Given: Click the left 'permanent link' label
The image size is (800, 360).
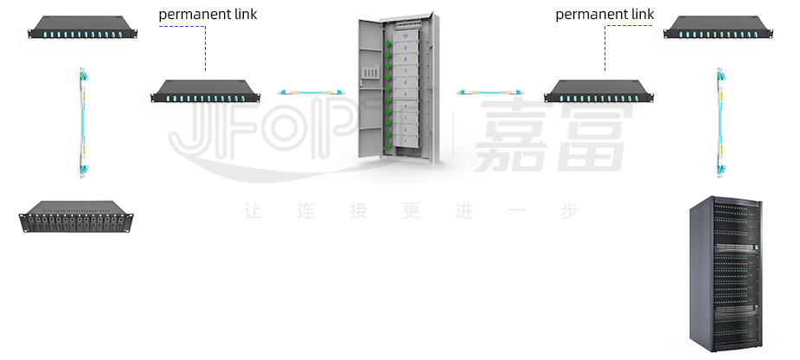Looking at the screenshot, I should tap(208, 15).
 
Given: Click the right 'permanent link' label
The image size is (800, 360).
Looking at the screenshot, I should tap(605, 15).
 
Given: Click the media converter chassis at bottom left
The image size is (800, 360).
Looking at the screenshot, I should tap(79, 217).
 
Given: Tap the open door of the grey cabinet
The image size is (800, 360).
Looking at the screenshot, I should tap(372, 91).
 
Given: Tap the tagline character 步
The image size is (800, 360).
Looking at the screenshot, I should tap(567, 211).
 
